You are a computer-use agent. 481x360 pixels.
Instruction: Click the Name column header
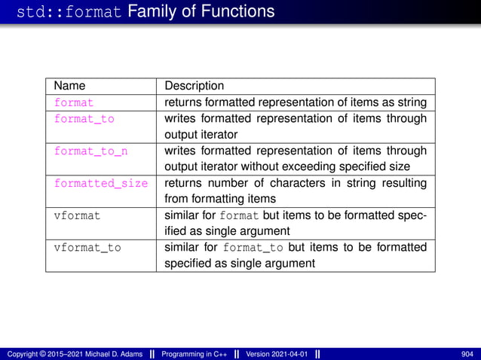[70, 86]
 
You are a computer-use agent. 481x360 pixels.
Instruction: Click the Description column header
[194, 86]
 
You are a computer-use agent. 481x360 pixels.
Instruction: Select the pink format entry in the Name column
[73, 102]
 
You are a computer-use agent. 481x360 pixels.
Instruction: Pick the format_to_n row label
[90, 151]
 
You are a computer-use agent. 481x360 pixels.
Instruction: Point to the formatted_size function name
[100, 183]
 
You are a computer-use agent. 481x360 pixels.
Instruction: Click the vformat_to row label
[87, 247]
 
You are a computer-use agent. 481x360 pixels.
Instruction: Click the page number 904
[467, 354]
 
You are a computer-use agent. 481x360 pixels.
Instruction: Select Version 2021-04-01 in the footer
[277, 354]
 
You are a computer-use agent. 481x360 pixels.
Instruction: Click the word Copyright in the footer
[23, 354]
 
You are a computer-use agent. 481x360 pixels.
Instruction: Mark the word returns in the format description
[183, 102]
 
